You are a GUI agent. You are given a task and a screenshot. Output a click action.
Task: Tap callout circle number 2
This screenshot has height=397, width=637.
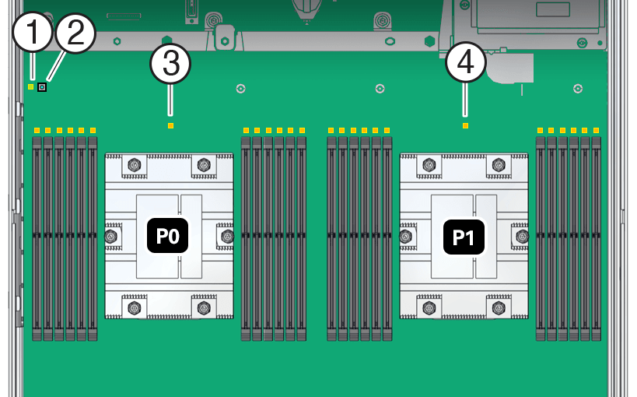75,35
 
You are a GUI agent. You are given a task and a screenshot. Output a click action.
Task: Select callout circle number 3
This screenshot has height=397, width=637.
170,65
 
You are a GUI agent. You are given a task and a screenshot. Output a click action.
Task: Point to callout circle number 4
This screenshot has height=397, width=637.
465,65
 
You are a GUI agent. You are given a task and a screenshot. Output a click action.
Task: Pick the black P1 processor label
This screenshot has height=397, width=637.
464,236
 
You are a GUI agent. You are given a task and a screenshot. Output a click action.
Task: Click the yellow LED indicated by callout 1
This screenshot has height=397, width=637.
30,86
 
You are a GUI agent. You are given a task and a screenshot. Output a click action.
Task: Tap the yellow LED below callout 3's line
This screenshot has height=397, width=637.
170,125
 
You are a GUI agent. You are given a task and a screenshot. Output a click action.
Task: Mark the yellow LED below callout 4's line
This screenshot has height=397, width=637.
465,125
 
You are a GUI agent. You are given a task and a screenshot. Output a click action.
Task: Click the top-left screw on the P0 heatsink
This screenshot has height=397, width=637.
134,164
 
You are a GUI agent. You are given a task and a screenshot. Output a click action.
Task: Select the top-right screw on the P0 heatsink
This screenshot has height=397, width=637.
204,164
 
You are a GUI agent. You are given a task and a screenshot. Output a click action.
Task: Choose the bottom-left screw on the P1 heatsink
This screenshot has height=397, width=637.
429,307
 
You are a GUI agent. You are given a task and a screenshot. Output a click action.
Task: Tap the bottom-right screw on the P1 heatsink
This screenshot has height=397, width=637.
499,307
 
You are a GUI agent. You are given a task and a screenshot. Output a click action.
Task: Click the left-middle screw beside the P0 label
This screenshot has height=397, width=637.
111,236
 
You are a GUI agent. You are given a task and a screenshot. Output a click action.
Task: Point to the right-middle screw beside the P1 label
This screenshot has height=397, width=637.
522,236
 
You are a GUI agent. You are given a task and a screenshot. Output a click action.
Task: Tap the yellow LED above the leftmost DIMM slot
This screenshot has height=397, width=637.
37,130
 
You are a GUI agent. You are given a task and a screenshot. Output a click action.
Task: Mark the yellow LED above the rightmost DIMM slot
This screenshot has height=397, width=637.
597,130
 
